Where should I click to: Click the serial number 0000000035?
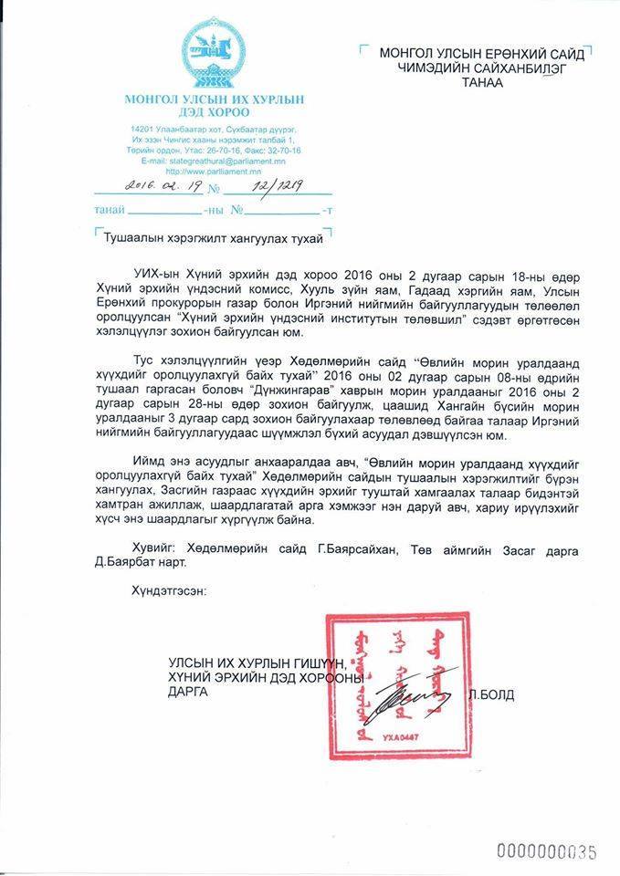(x=545, y=852)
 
